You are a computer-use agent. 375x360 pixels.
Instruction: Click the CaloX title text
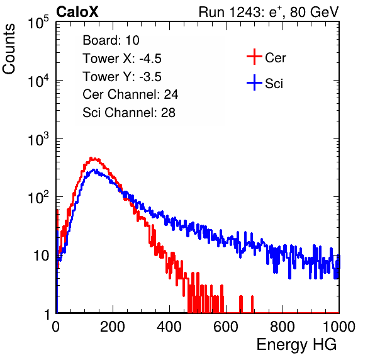pyautogui.click(x=77, y=12)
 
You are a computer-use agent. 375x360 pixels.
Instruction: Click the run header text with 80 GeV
pyautogui.click(x=269, y=12)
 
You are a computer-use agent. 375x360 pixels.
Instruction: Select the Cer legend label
pyautogui.click(x=275, y=58)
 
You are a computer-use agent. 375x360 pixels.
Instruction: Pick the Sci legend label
pyautogui.click(x=274, y=84)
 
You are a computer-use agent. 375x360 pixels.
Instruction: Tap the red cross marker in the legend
pyautogui.click(x=254, y=57)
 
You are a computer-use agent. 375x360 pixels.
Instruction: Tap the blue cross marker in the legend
pyautogui.click(x=254, y=82)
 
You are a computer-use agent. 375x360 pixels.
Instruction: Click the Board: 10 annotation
pyautogui.click(x=111, y=40)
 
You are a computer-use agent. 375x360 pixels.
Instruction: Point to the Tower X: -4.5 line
pyautogui.click(x=122, y=59)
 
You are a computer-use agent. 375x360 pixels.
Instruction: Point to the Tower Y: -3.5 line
pyautogui.click(x=122, y=77)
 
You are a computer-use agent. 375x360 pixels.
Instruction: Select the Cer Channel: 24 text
pyautogui.click(x=130, y=94)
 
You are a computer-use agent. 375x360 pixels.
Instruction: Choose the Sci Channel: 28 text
pyautogui.click(x=129, y=113)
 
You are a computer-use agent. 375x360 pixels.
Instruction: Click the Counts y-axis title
pyautogui.click(x=9, y=49)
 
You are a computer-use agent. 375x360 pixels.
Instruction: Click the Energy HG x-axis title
pyautogui.click(x=296, y=345)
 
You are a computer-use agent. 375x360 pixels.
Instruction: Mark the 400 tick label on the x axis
pyautogui.click(x=169, y=327)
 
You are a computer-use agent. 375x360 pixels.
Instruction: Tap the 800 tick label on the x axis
pyautogui.click(x=283, y=327)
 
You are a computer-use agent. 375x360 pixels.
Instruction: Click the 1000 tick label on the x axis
pyautogui.click(x=339, y=327)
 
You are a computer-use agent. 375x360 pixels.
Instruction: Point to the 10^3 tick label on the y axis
pyautogui.click(x=38, y=139)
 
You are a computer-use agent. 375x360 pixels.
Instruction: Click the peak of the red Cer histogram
pyautogui.click(x=91, y=158)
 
